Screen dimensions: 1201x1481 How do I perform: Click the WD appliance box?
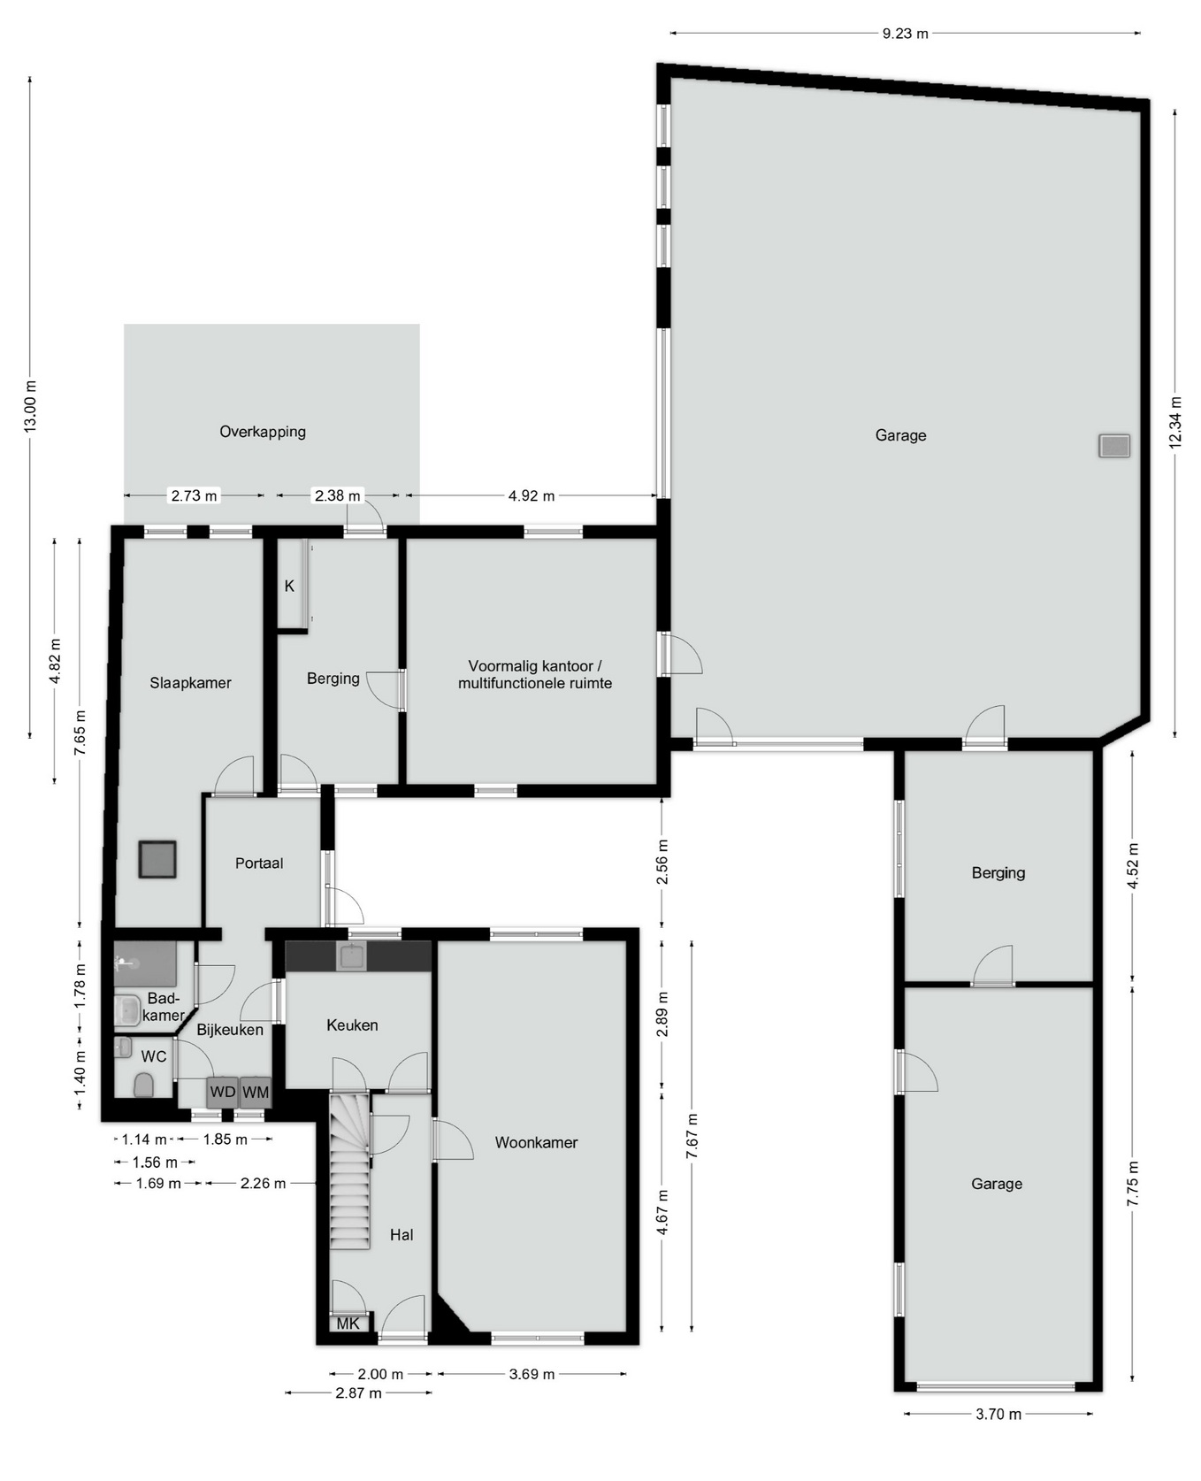(223, 1092)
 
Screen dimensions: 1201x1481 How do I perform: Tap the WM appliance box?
(256, 1092)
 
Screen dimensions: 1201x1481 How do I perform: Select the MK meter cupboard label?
(348, 1324)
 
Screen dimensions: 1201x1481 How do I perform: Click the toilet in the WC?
(144, 1084)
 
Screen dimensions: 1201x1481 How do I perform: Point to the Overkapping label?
(263, 432)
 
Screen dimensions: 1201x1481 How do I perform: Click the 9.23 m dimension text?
(906, 34)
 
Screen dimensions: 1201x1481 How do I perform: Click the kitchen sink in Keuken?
(352, 956)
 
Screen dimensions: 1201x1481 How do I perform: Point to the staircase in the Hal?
(350, 1171)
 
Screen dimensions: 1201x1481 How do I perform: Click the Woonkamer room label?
(536, 1142)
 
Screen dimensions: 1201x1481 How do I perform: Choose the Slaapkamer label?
(190, 683)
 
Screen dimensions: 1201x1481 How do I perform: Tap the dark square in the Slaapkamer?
(157, 859)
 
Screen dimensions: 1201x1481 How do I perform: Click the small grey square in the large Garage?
(1114, 446)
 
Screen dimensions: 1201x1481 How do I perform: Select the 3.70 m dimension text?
(998, 1414)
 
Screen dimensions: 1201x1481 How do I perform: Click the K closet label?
(289, 586)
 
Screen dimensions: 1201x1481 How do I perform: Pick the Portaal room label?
(259, 863)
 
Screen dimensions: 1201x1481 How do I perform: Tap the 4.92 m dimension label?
(532, 495)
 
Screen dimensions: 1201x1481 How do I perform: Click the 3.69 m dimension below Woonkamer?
(532, 1374)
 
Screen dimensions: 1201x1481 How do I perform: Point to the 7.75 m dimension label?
(1134, 1184)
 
